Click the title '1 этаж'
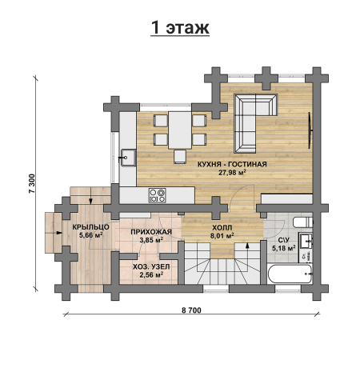pyautogui.click(x=180, y=28)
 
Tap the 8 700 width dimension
pyautogui.click(x=191, y=310)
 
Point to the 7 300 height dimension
pyautogui.click(x=32, y=183)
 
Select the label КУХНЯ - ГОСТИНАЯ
pyautogui.click(x=232, y=164)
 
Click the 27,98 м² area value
pyautogui.click(x=232, y=172)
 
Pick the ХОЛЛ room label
pyautogui.click(x=222, y=228)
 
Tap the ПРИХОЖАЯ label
pyautogui.click(x=151, y=232)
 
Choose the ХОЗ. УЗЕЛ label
pyautogui.click(x=151, y=266)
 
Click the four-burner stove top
pyautogui.click(x=158, y=195)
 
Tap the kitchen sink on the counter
pyautogui.click(x=128, y=158)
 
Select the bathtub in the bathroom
pyautogui.click(x=290, y=274)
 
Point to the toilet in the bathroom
pyautogui.click(x=302, y=222)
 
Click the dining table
pyautogui.click(x=180, y=130)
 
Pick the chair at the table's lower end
pyautogui.click(x=180, y=157)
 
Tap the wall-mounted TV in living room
pyautogui.click(x=310, y=130)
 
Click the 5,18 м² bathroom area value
pyautogui.click(x=283, y=248)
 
